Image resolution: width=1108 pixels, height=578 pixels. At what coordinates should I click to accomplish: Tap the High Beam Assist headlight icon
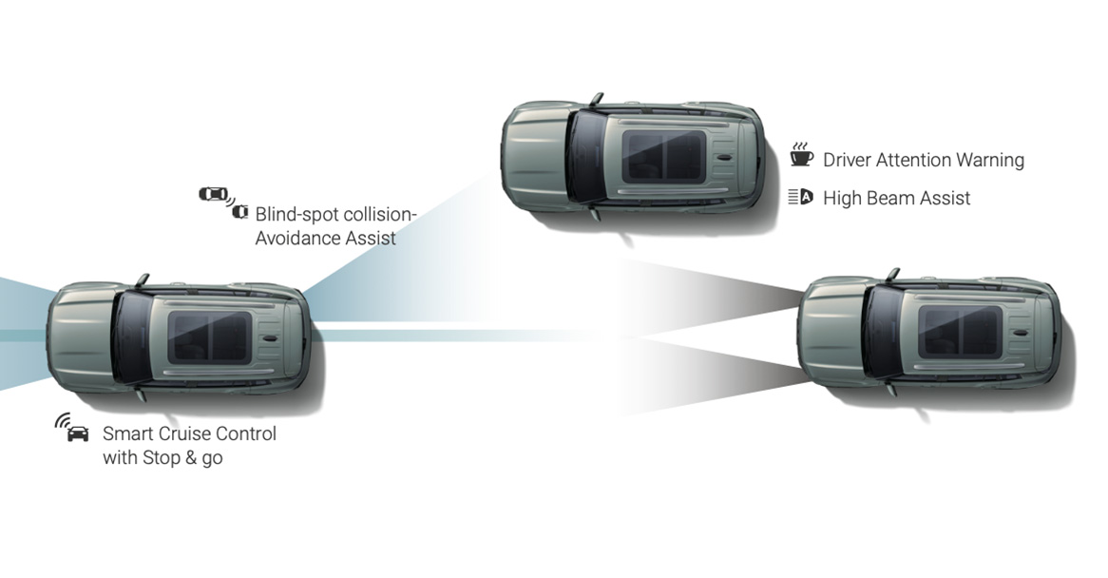[x=801, y=197]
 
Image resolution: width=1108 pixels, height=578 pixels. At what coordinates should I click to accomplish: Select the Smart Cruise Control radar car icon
[x=72, y=428]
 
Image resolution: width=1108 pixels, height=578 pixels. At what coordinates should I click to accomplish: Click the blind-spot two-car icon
[x=223, y=202]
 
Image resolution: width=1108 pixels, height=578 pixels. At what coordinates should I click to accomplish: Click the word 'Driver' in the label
[x=847, y=161]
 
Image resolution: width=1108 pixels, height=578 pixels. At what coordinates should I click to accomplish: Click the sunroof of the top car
[x=663, y=156]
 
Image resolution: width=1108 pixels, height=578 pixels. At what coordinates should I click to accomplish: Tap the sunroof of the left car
[x=209, y=337]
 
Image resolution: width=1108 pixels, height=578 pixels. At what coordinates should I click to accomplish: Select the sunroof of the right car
[x=961, y=332]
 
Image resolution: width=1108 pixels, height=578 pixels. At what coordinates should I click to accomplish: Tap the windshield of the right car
[x=885, y=332]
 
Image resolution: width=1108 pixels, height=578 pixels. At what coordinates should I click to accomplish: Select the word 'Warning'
[x=989, y=161]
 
